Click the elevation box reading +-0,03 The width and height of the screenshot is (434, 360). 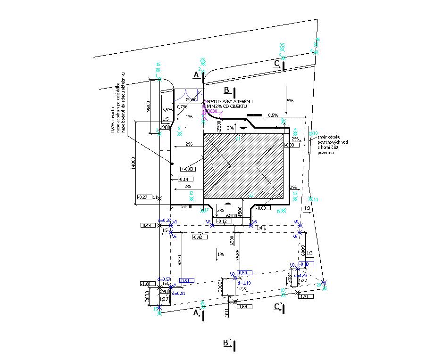[187, 169]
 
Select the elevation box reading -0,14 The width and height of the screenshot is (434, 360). [184, 179]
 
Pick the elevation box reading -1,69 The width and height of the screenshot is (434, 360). [244, 307]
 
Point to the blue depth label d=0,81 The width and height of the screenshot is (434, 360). [178, 293]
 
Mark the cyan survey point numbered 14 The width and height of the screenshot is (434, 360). [316, 200]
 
